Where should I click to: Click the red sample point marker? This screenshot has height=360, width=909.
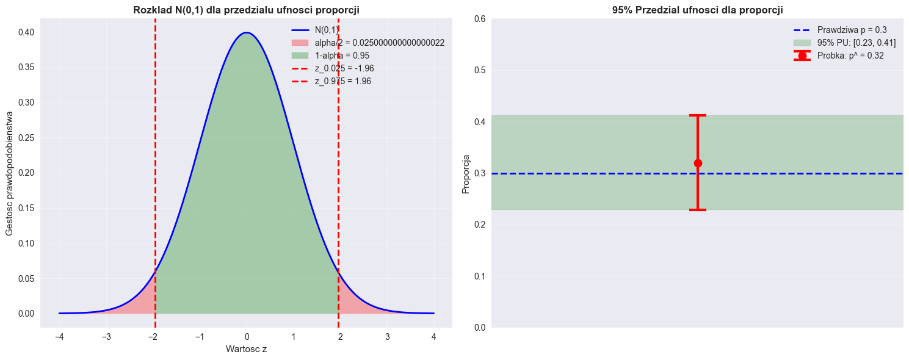698,163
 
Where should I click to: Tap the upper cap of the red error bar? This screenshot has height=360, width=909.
698,115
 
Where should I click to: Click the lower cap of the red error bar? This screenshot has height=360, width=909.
698,210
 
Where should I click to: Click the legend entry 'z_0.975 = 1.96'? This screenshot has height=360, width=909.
342,81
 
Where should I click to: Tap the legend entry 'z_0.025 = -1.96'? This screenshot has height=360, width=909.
344,68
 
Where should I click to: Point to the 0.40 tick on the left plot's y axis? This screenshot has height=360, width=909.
26,32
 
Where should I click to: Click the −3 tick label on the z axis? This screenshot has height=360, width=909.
106,336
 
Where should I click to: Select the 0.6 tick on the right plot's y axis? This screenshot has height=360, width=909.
480,19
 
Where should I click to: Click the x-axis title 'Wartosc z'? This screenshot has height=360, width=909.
246,349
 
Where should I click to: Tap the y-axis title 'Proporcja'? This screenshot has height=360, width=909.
466,173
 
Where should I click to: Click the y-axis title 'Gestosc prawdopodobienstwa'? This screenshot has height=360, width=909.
10,173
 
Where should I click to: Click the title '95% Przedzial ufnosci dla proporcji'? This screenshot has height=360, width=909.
697,10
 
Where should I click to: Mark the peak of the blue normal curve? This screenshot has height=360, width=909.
246,33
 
